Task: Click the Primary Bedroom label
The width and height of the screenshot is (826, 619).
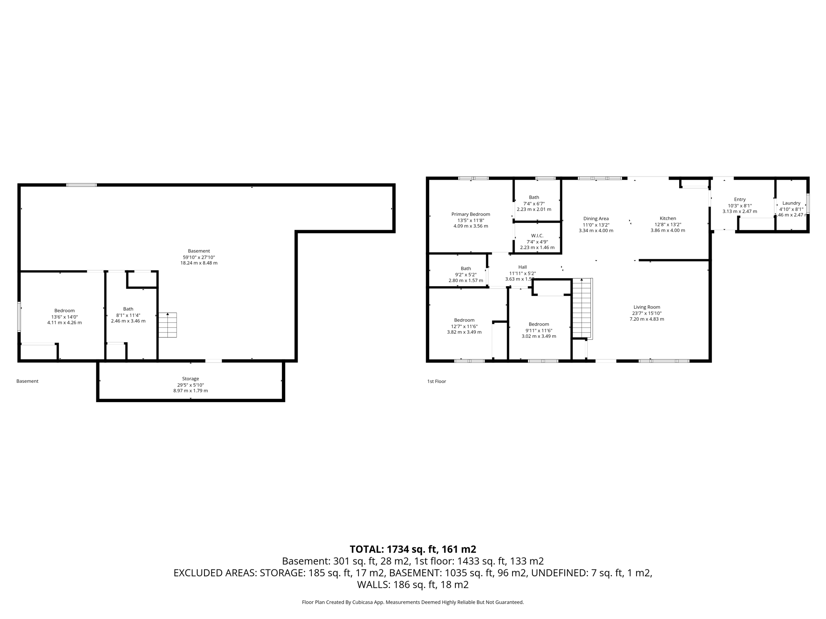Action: (x=471, y=214)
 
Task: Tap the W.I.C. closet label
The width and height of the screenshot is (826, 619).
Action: (x=537, y=236)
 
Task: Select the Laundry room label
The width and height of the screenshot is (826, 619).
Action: (x=791, y=203)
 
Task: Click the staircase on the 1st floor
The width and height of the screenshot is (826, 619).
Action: (x=582, y=308)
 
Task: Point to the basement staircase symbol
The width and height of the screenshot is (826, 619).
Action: (x=167, y=325)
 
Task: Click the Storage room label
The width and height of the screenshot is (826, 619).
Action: (x=190, y=379)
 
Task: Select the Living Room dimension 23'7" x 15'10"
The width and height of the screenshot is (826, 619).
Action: (x=647, y=313)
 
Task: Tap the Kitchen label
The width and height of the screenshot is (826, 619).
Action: (x=667, y=218)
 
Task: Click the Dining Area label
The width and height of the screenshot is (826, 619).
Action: (x=596, y=219)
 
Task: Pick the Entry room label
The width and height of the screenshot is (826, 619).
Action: (x=740, y=199)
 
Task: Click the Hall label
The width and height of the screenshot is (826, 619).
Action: (x=522, y=267)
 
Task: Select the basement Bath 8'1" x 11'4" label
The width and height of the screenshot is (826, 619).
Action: (x=128, y=309)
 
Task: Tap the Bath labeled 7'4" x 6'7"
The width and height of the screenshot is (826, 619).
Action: (x=534, y=197)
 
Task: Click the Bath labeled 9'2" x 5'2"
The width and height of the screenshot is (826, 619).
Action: (x=466, y=268)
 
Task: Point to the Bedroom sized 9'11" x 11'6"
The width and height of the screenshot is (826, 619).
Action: (x=539, y=324)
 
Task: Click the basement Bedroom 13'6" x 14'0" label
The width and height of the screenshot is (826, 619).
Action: (x=65, y=311)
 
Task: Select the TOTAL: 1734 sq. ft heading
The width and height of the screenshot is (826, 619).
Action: (x=413, y=549)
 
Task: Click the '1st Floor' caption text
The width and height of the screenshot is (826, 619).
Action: (x=436, y=381)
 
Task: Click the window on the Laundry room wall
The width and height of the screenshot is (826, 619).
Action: (x=808, y=204)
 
